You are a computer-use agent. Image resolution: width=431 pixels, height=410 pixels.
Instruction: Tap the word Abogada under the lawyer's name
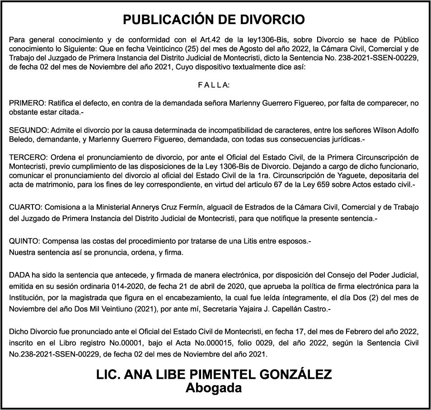pyautogui.click(x=214, y=388)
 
